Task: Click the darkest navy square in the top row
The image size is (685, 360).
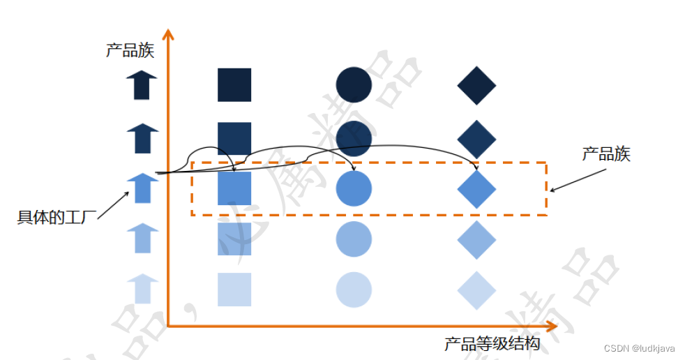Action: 234,84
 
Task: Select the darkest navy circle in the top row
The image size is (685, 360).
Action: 354,84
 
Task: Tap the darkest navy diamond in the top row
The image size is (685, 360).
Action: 476,85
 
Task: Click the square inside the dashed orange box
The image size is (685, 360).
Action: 234,188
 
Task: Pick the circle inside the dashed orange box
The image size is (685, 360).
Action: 354,188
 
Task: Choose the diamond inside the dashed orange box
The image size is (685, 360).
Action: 476,188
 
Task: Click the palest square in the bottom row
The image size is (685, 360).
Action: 234,290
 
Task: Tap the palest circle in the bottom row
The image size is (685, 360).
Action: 354,290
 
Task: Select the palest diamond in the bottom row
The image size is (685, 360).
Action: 476,290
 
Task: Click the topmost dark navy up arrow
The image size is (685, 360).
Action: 142,85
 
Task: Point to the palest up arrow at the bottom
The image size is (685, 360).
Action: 142,288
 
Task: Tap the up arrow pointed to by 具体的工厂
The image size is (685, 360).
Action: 142,188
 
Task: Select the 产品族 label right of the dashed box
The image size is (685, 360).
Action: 606,154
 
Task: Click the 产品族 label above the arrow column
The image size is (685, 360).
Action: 130,51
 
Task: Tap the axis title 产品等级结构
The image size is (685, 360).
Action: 492,344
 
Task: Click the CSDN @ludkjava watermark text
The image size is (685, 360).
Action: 639,348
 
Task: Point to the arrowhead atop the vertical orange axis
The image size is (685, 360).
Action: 167,35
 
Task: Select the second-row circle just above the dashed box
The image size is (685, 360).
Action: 354,137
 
